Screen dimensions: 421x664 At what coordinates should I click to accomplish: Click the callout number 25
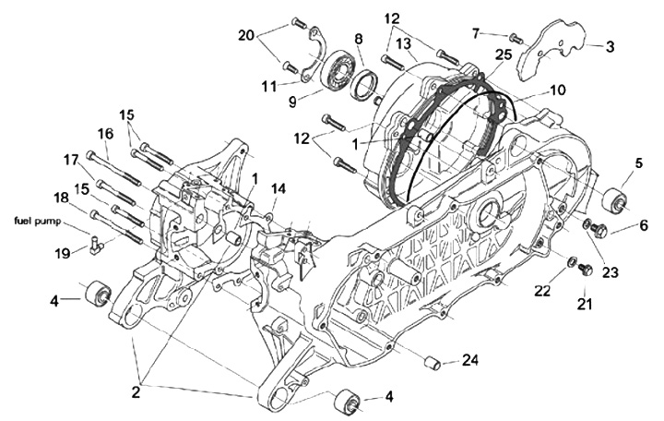(x=502, y=55)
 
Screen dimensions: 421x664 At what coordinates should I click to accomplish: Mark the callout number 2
(x=136, y=391)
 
